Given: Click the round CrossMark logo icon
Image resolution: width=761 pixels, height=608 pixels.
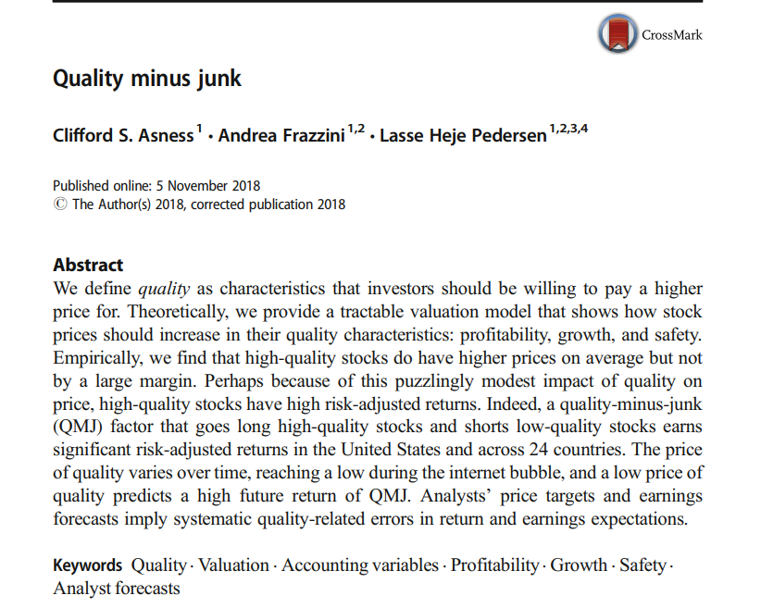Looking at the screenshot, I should (x=618, y=34).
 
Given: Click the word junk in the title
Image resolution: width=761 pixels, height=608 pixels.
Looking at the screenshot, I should (x=220, y=79).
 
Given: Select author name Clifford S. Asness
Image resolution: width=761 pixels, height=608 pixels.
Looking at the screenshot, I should (x=123, y=137).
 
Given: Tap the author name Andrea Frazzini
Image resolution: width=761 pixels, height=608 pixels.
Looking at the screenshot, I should (x=281, y=137).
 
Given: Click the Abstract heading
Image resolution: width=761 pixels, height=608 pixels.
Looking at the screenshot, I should (x=88, y=266).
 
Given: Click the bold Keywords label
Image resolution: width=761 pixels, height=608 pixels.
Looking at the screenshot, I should (x=87, y=565).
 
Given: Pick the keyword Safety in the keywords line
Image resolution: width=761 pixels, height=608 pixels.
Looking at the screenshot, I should (x=642, y=565).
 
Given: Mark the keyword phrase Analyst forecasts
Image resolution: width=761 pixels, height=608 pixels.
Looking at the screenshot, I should (x=117, y=589).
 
